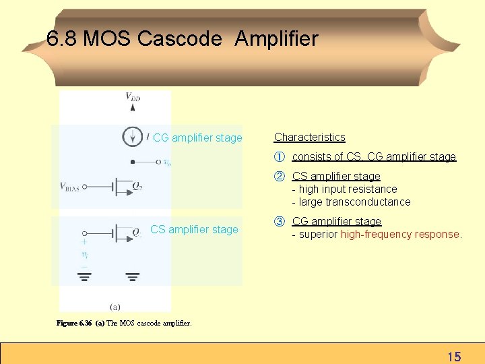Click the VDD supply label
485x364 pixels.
[x=133, y=97]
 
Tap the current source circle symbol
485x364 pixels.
[x=132, y=136]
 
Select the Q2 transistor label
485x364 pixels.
[x=137, y=187]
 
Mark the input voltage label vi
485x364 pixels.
[x=84, y=255]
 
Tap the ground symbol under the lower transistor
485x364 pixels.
[x=132, y=276]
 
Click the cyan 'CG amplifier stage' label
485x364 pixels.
[x=197, y=138]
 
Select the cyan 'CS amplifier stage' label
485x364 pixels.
[x=194, y=229]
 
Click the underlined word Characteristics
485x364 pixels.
[x=309, y=138]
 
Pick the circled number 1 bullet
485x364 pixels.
[x=279, y=157]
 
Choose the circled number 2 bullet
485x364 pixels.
[x=279, y=177]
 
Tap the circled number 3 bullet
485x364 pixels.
[x=279, y=222]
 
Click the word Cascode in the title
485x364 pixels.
[x=179, y=39]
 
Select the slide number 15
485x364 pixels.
[x=454, y=356]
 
